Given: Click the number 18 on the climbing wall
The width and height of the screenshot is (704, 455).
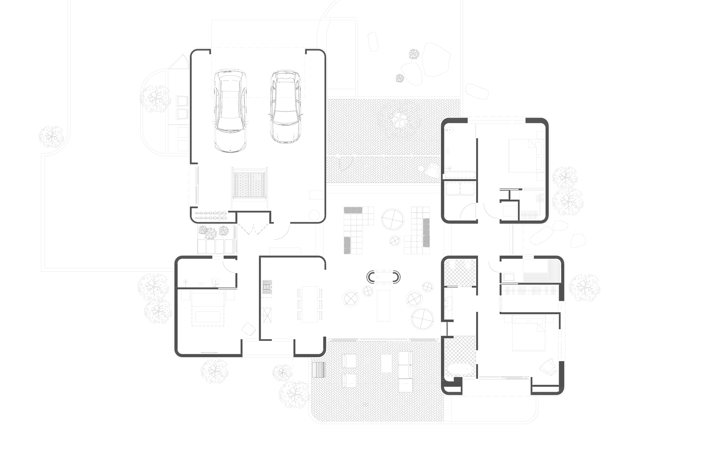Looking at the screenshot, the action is point(258,177).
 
